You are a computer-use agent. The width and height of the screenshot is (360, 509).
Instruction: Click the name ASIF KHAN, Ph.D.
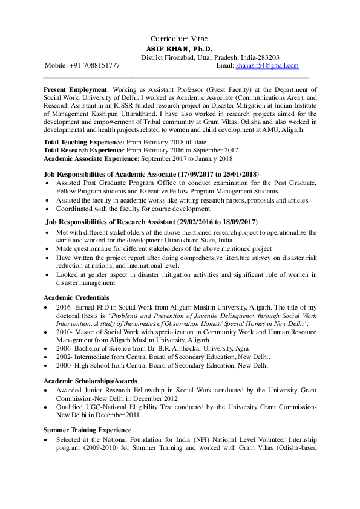click(181, 48)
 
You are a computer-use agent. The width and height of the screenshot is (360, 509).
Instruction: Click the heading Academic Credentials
click(76, 297)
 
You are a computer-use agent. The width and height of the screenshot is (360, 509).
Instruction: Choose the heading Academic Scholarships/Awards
click(90, 381)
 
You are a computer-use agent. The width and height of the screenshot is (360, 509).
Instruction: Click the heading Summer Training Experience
click(87, 430)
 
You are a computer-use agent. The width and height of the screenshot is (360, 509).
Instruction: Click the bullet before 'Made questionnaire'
click(48, 249)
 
